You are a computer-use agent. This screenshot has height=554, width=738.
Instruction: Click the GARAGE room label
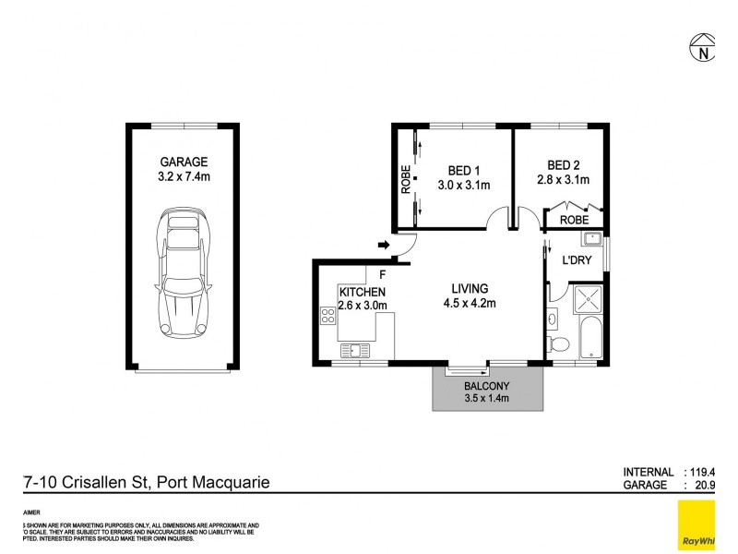(x=182, y=161)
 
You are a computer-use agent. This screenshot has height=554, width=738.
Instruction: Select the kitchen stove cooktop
(x=327, y=317)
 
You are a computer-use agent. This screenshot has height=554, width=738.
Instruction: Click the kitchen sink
(x=353, y=350)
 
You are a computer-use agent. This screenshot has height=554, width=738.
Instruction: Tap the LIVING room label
(x=470, y=288)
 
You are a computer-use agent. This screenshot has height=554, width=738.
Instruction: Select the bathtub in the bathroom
(x=589, y=338)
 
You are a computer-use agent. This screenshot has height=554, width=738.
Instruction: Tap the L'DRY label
(x=577, y=260)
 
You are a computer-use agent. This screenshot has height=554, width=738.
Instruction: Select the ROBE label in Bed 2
(x=574, y=221)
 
